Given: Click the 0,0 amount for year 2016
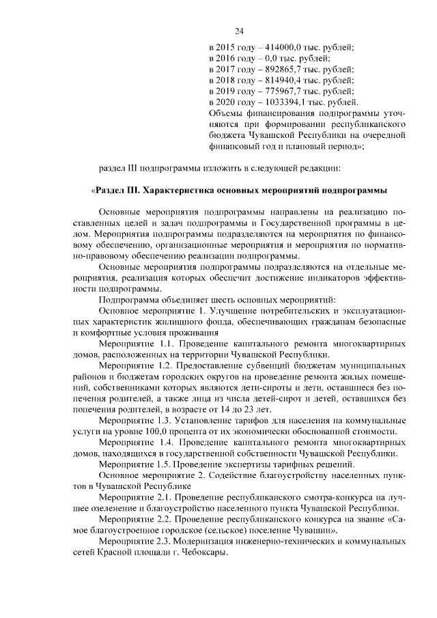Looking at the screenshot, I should pyautogui.click(x=269, y=59).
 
